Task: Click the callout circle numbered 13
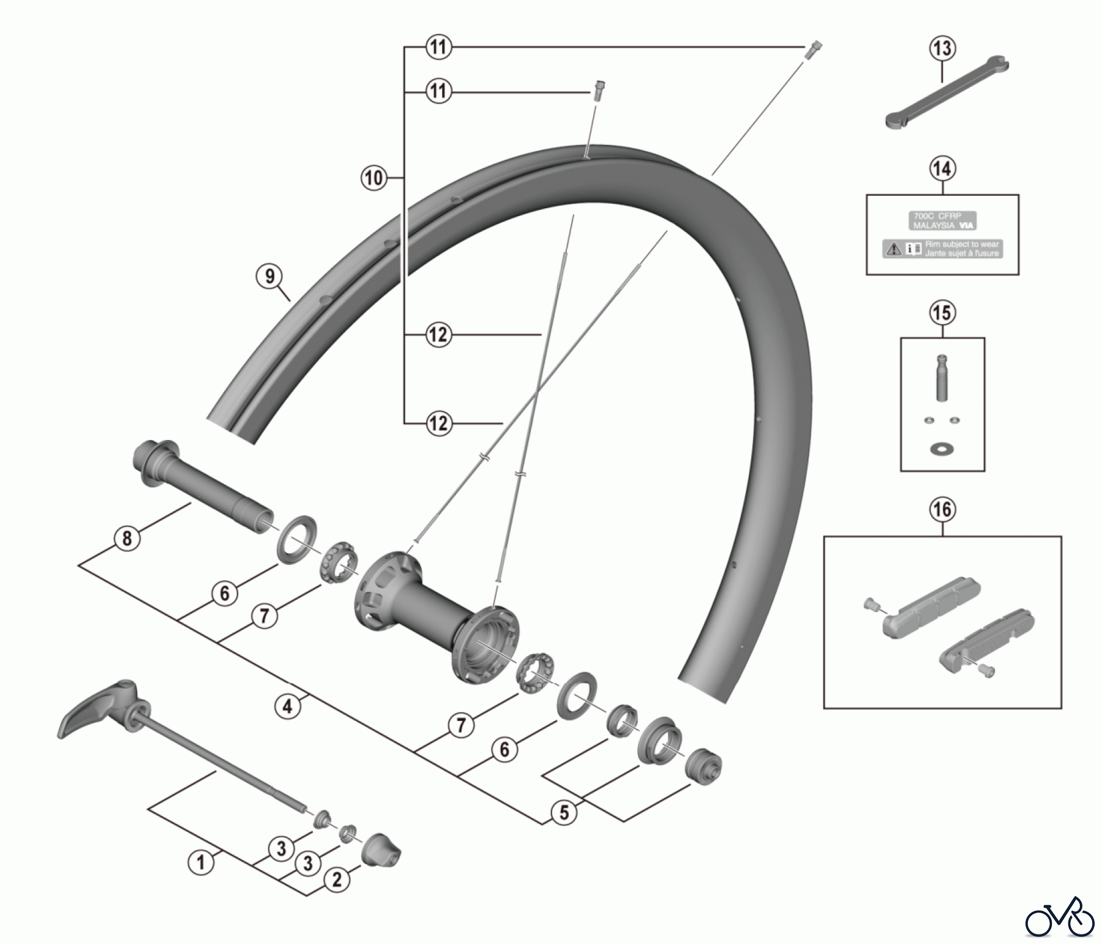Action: click(x=942, y=48)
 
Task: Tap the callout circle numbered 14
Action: click(x=942, y=168)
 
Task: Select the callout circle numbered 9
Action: click(x=270, y=277)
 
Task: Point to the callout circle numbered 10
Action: click(x=373, y=178)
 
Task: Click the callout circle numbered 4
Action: click(x=287, y=707)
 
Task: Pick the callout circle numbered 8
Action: click(x=127, y=539)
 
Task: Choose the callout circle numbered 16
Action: click(x=942, y=509)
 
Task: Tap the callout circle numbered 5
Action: click(x=564, y=813)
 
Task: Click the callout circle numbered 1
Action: click(x=201, y=863)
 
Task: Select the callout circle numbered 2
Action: click(x=337, y=880)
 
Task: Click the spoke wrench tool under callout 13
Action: click(x=946, y=92)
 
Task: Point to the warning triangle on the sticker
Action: click(x=893, y=249)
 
